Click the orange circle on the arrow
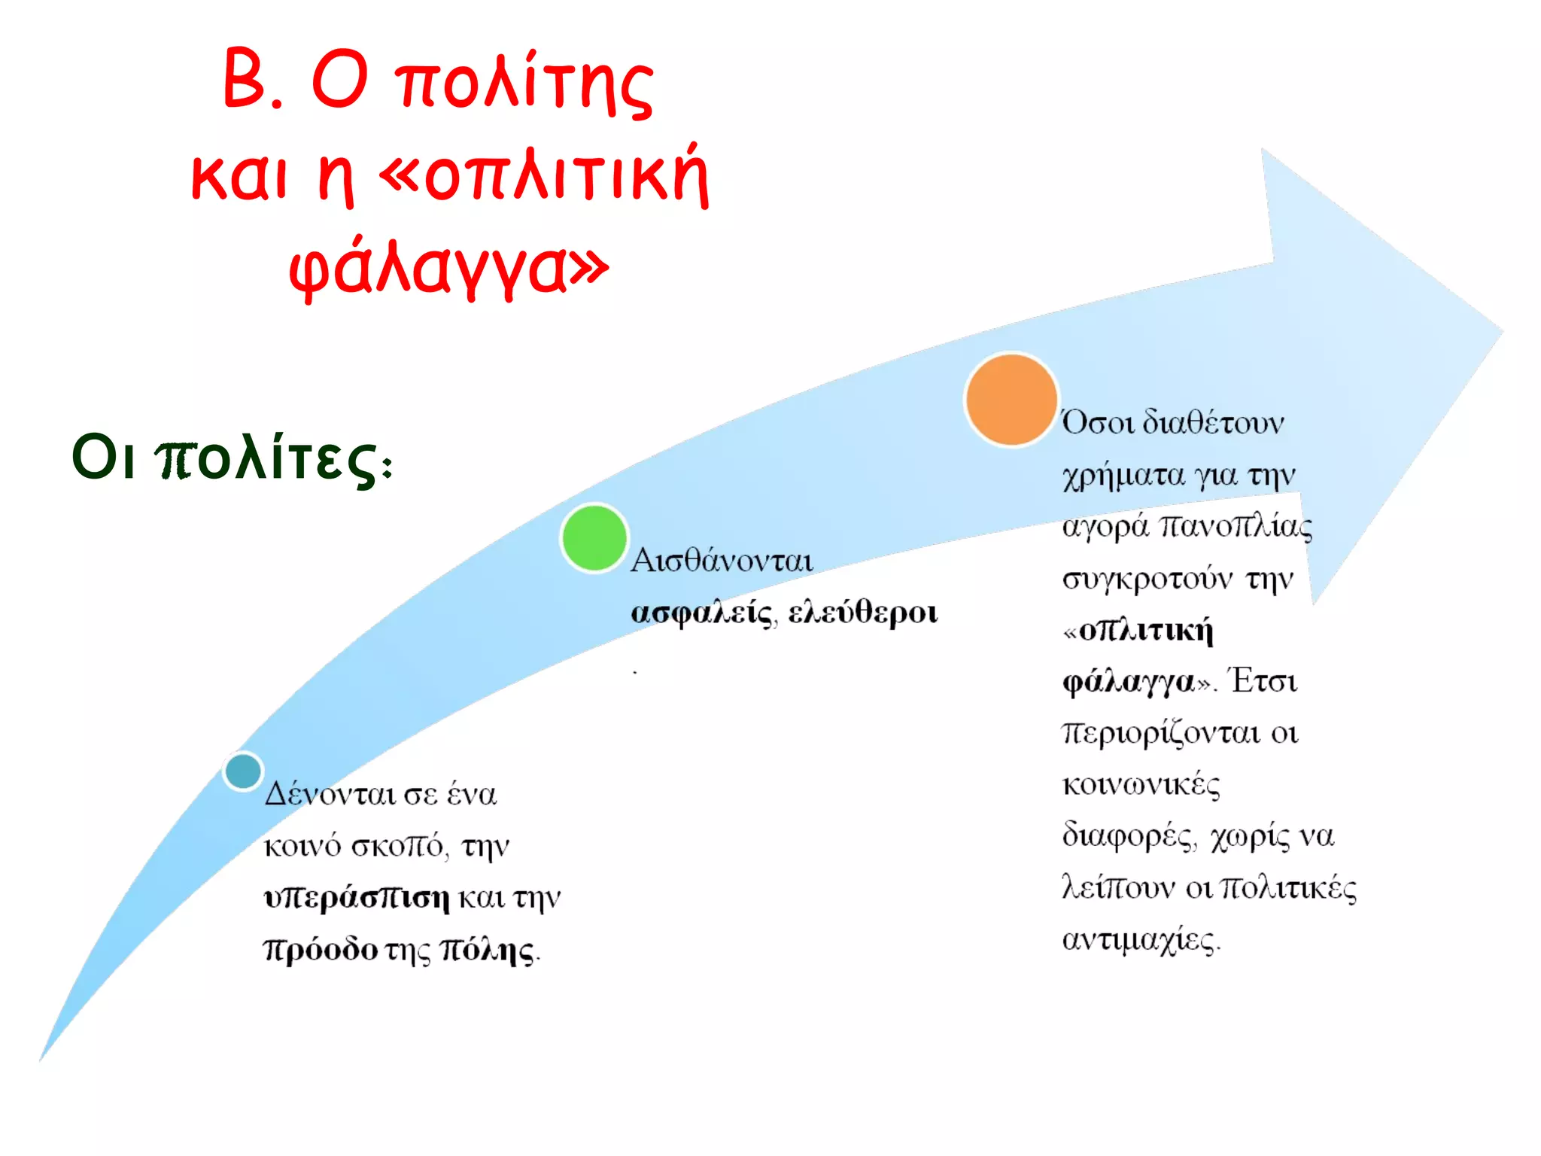[1011, 400]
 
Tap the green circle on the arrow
[594, 538]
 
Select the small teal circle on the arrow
[243, 771]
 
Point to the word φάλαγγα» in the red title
[448, 267]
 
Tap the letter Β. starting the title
[252, 79]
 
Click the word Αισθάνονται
[722, 561]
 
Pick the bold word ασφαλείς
[702, 613]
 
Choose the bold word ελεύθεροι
[862, 613]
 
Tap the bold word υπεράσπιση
[357, 898]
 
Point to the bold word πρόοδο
[320, 950]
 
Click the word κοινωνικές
[1141, 785]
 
